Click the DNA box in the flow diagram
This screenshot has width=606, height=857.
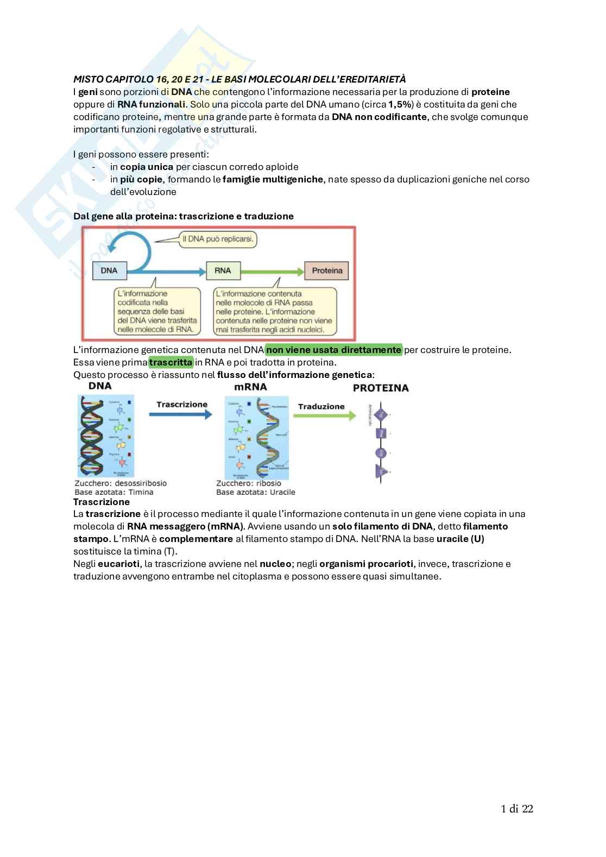pyautogui.click(x=109, y=270)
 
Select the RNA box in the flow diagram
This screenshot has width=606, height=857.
pyautogui.click(x=223, y=270)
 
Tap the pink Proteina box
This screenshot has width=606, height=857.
pyautogui.click(x=327, y=270)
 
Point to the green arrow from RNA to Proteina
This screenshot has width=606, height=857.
pyautogui.click(x=272, y=270)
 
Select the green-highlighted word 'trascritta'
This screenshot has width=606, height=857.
pyautogui.click(x=171, y=362)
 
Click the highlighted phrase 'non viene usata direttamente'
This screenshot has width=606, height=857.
pyautogui.click(x=334, y=350)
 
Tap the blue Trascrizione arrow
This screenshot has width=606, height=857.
pyautogui.click(x=180, y=414)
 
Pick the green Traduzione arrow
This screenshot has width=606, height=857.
pyautogui.click(x=324, y=416)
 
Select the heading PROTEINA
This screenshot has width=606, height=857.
pyautogui.click(x=381, y=388)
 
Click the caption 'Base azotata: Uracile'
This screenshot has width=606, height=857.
pyautogui.click(x=256, y=492)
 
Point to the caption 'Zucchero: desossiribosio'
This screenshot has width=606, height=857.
pyautogui.click(x=121, y=483)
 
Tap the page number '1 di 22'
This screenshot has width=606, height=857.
pyautogui.click(x=516, y=809)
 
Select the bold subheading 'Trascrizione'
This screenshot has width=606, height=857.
pyautogui.click(x=102, y=502)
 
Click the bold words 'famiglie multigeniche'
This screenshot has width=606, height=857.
pyautogui.click(x=273, y=179)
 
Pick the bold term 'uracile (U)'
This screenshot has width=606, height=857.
pyautogui.click(x=460, y=539)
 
